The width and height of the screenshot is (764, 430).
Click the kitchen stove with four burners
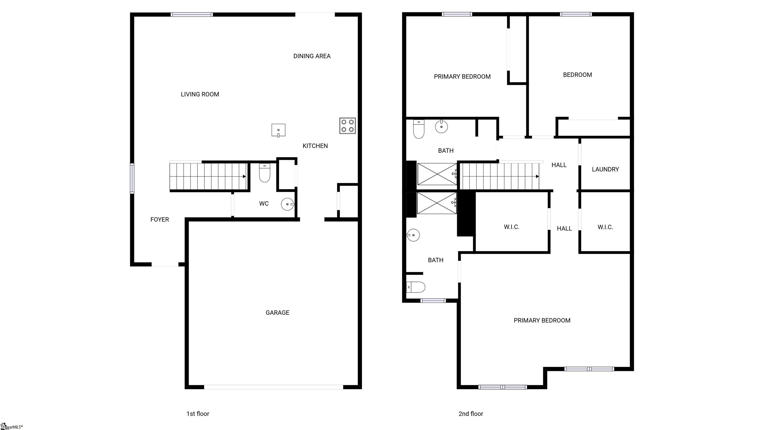[x=348, y=125]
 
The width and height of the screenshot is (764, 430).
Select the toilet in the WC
[x=265, y=173]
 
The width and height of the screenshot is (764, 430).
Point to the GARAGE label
[x=277, y=313]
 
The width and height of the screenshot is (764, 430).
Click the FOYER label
[x=160, y=219]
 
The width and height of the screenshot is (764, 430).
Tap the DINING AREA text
[x=312, y=56]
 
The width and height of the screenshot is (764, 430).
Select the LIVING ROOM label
[x=200, y=94]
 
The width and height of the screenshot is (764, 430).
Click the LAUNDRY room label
[x=605, y=169]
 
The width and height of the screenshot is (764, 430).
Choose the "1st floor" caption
[x=198, y=414]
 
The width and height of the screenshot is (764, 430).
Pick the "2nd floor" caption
[x=471, y=414]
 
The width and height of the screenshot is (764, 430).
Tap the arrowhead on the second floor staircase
[x=537, y=177]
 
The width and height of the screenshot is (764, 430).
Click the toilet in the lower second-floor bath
[x=416, y=287]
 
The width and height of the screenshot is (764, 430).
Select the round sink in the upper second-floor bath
[x=441, y=127]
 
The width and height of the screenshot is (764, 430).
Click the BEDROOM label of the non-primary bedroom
[x=577, y=75]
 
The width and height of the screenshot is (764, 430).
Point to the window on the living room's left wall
[x=132, y=178]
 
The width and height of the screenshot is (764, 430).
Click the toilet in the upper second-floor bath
[x=419, y=129]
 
